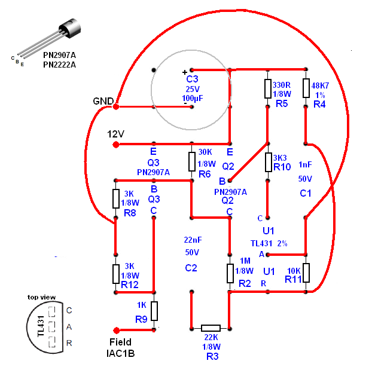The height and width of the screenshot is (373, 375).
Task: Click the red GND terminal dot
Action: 116,106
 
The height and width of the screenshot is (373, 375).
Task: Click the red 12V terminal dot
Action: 116,143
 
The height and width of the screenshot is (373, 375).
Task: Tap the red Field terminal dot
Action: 116,329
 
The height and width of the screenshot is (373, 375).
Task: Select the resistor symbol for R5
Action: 269,88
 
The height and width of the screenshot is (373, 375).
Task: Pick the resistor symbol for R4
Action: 306,88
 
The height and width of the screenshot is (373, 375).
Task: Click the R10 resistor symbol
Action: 269,162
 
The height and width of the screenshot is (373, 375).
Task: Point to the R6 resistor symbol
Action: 192,161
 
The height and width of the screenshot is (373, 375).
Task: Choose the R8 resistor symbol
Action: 116,198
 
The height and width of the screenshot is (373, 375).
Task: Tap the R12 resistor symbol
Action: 116,273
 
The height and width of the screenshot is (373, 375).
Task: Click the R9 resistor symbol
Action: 154,311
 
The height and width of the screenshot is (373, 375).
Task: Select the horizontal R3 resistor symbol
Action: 211,328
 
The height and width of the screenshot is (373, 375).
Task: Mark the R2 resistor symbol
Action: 230,273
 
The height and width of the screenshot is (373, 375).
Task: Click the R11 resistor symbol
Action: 306,273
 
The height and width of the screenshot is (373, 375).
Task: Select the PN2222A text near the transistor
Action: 59,65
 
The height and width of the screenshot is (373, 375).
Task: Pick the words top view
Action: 41,297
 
